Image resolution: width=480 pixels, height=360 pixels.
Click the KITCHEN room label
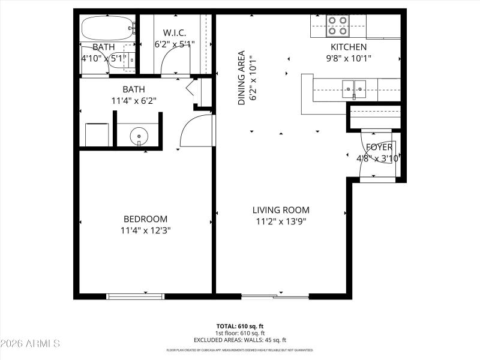coord(349,47)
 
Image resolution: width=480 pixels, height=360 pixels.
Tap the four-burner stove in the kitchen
coord(338,26)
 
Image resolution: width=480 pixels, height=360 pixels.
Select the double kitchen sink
coord(354,89)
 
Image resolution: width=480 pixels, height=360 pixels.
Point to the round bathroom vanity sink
coord(139,137)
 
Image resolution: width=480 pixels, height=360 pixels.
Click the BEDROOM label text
coord(145,219)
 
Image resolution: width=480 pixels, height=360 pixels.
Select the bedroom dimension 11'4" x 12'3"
coord(145,230)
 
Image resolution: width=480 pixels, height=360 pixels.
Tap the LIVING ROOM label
coord(281,210)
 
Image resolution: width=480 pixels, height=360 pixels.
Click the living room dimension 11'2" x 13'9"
coord(281,221)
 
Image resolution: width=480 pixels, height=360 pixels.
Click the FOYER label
coord(379,147)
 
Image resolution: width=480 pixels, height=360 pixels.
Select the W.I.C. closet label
coord(175,32)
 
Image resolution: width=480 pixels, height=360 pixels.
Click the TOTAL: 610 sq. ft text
coord(240,326)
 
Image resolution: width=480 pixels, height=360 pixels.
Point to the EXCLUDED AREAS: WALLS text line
coord(240,340)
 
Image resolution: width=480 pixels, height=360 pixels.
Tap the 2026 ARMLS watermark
coord(30,344)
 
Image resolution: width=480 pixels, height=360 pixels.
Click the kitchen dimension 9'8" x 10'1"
coord(349,58)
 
